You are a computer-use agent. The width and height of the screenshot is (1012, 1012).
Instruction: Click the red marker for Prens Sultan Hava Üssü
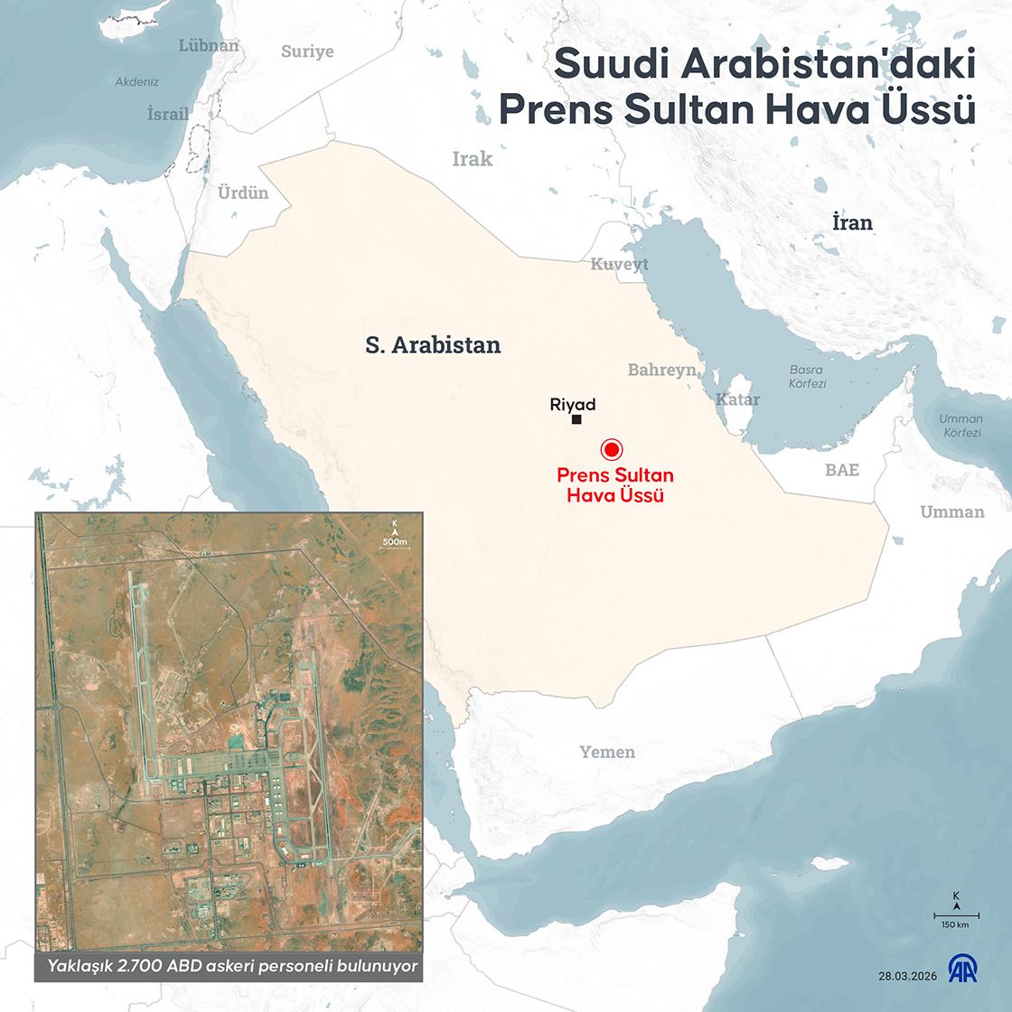point(611,449)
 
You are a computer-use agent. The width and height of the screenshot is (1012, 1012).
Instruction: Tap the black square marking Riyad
point(576,419)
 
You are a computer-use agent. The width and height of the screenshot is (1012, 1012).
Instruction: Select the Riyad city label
point(573,405)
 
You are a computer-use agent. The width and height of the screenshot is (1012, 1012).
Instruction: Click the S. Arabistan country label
point(433,344)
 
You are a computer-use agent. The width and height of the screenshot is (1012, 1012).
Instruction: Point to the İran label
point(852,222)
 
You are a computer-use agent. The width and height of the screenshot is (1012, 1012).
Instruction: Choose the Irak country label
point(473,159)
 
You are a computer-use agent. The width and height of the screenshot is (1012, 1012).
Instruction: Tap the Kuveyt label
point(620,264)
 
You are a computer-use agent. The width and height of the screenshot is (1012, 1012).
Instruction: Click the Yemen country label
point(607,752)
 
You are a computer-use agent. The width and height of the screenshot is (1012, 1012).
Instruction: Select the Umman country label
point(952,512)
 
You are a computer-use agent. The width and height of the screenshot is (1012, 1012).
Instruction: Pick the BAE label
point(842,470)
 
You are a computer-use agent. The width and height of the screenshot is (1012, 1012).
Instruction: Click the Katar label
point(738,399)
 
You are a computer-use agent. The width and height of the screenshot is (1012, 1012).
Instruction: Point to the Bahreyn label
point(662,370)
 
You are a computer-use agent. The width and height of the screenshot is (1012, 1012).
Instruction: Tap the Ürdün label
point(243,192)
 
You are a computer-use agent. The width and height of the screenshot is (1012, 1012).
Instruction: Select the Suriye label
point(307,52)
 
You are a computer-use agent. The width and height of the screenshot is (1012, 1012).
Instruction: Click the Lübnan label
point(209,45)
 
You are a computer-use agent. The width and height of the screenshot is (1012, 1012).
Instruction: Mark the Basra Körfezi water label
point(807,377)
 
